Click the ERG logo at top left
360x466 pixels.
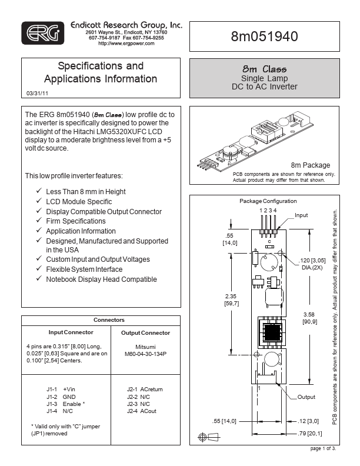pyautogui.click(x=42, y=34)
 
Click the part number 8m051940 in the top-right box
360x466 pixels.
pyautogui.click(x=265, y=36)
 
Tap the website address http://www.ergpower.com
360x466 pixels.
pyautogui.click(x=126, y=44)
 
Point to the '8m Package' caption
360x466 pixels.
pyautogui.click(x=311, y=165)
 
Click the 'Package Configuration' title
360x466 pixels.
pyautogui.click(x=268, y=201)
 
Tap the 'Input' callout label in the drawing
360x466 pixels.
pyautogui.click(x=301, y=215)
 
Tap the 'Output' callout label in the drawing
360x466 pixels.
pyautogui.click(x=306, y=397)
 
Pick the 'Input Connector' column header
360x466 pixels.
pyautogui.click(x=66, y=332)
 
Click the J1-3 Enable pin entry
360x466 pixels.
pyautogui.click(x=65, y=405)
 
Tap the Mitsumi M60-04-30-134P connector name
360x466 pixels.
pyautogui.click(x=146, y=351)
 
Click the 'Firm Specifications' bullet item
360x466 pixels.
pyautogui.click(x=76, y=221)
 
